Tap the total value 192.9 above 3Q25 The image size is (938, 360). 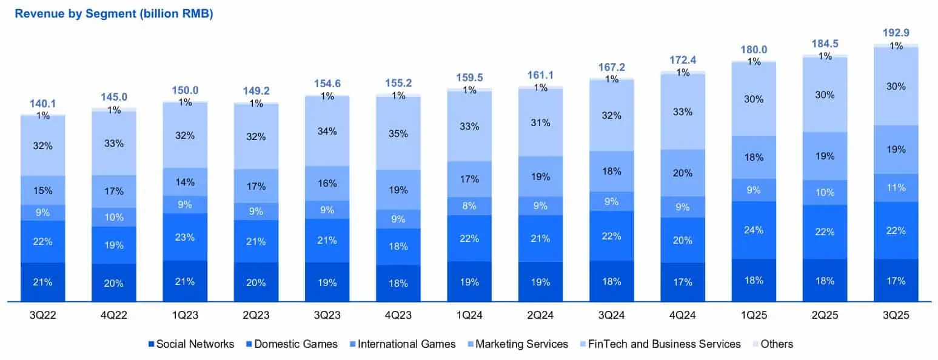click(896, 33)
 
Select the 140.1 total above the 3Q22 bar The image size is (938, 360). click(43, 104)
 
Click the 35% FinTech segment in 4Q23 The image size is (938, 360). click(398, 133)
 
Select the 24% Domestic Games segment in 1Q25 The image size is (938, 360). click(754, 230)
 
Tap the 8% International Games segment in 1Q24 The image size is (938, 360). click(469, 206)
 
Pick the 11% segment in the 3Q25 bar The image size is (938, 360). click(896, 188)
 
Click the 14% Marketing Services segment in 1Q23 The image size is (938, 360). click(185, 181)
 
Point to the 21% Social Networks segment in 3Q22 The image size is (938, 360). click(43, 282)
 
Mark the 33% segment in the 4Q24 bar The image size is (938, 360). click(683, 112)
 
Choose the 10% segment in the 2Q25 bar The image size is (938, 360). click(825, 193)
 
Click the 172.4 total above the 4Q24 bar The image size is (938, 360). click(683, 61)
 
